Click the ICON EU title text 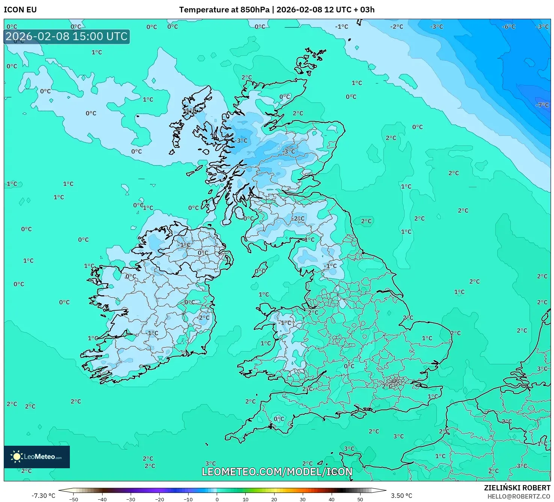pyautogui.click(x=20, y=10)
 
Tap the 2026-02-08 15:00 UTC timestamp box pyautogui.click(x=66, y=37)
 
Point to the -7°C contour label pyautogui.click(x=542, y=105)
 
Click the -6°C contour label pyautogui.click(x=509, y=27)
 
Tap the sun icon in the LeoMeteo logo pyautogui.click(x=17, y=457)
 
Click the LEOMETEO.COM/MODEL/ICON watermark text pyautogui.click(x=277, y=472)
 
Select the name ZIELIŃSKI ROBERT pyautogui.click(x=517, y=488)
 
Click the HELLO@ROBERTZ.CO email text pyautogui.click(x=518, y=496)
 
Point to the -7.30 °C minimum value pyautogui.click(x=43, y=496)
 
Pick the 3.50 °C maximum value pyautogui.click(x=402, y=496)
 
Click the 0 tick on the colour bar pyautogui.click(x=217, y=499)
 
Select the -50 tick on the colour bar pyautogui.click(x=74, y=499)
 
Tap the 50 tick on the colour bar pyautogui.click(x=360, y=499)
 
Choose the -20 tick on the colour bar pyautogui.click(x=159, y=499)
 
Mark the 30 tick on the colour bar pyautogui.click(x=303, y=499)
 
